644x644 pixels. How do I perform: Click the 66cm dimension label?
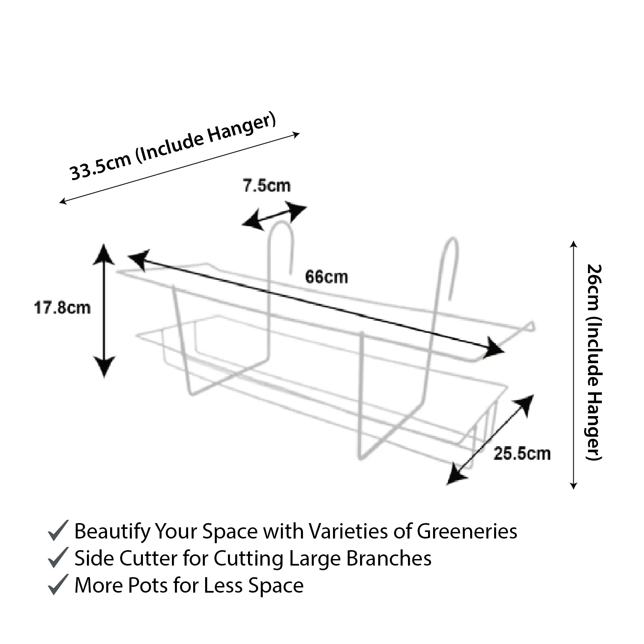pos(326,277)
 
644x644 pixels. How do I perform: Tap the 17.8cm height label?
pos(62,308)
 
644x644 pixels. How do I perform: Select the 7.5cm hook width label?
pos(267,186)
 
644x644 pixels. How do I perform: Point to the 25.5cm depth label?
pos(522,454)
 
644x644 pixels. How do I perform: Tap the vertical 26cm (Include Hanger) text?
pos(594,362)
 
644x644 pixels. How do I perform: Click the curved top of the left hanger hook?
pos(281,228)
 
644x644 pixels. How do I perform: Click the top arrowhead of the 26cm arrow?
pos(574,244)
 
